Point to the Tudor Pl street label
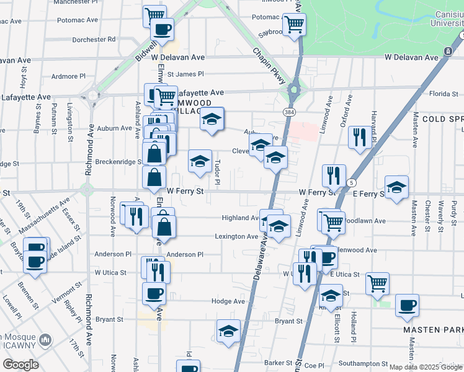(x=217, y=172)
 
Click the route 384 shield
(x=289, y=112)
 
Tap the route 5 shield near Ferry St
(x=352, y=183)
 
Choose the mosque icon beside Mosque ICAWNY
(x=45, y=340)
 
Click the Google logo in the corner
(x=20, y=365)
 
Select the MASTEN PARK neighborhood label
(x=432, y=330)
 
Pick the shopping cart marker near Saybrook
(x=294, y=25)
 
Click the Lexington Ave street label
(x=236, y=236)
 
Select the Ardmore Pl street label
(x=68, y=77)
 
